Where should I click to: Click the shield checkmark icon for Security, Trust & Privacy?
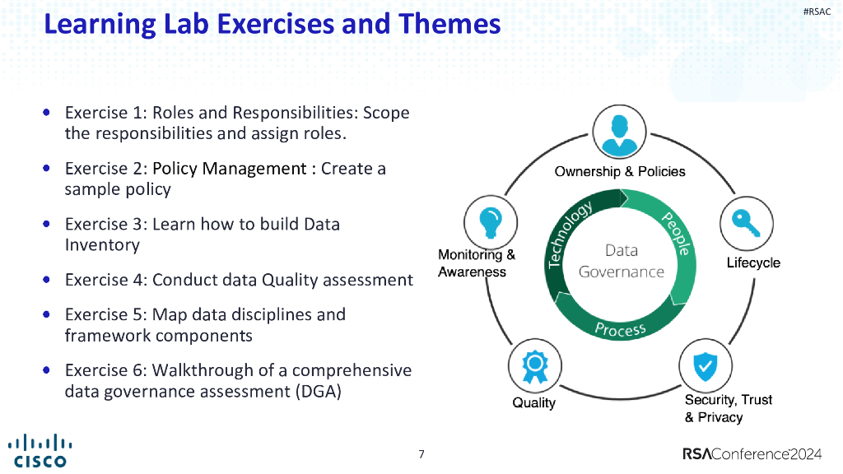[704, 365]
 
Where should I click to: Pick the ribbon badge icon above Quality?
[533, 365]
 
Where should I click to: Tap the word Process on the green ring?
[621, 328]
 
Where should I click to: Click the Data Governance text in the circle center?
[621, 261]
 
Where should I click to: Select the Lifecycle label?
[752, 263]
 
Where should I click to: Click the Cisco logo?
[39, 450]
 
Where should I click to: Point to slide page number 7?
[421, 454]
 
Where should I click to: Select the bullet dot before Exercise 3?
[49, 223]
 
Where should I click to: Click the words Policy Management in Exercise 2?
[229, 169]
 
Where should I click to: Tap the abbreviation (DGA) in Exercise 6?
[317, 392]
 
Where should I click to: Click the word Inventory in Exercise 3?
[102, 245]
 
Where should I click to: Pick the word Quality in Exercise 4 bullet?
[291, 280]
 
